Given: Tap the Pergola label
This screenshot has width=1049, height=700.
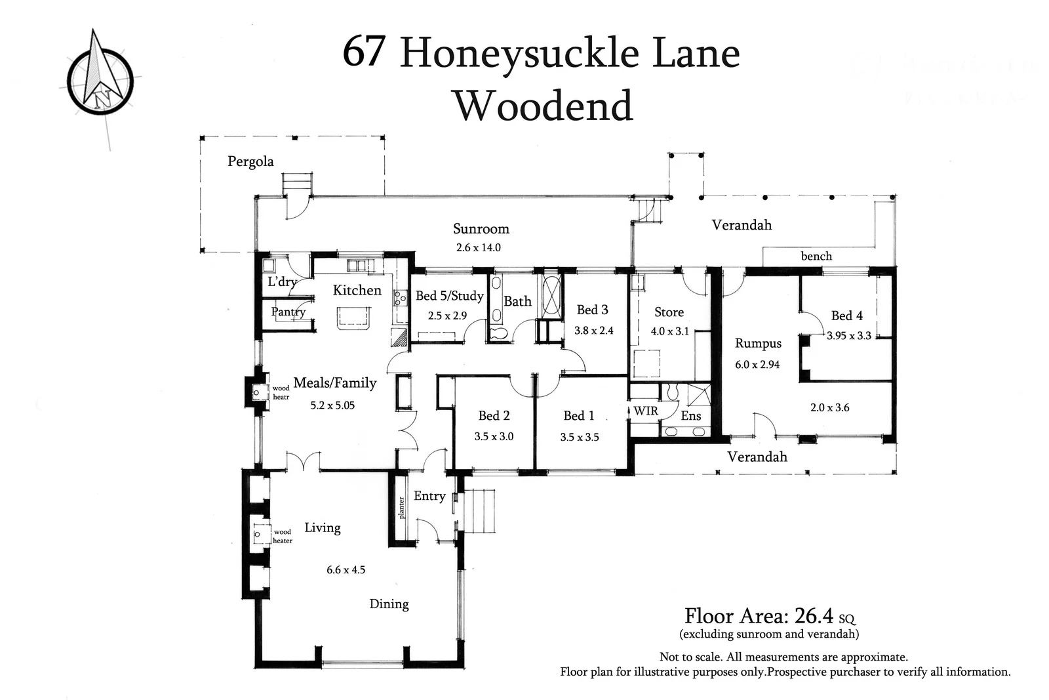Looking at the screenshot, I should (250, 161).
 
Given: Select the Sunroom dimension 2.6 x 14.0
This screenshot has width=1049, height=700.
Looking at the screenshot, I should (478, 247).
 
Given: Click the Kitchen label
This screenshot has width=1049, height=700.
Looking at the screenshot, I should (357, 290).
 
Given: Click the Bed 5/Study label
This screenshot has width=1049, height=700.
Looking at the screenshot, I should (450, 296).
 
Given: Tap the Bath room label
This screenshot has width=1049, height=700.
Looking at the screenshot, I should (517, 301).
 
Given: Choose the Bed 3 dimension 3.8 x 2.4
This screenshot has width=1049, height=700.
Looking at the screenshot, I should (593, 331).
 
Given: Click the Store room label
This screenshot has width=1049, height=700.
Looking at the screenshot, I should (669, 312).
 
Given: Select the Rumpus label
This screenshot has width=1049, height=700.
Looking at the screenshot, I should (758, 343).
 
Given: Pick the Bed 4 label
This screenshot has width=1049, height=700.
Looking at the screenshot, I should (847, 316).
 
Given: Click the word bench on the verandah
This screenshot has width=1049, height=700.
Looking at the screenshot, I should (816, 257).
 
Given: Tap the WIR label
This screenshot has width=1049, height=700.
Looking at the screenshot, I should (645, 411).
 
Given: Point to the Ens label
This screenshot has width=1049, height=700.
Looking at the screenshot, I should (690, 416).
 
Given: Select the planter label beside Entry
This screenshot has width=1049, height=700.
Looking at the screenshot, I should (401, 507).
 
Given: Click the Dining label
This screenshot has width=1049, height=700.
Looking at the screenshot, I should (389, 604).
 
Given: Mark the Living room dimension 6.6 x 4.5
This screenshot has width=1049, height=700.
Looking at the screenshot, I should (346, 570).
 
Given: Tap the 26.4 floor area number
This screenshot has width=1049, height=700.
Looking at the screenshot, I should (813, 616).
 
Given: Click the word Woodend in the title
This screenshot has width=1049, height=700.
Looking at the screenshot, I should (544, 106).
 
